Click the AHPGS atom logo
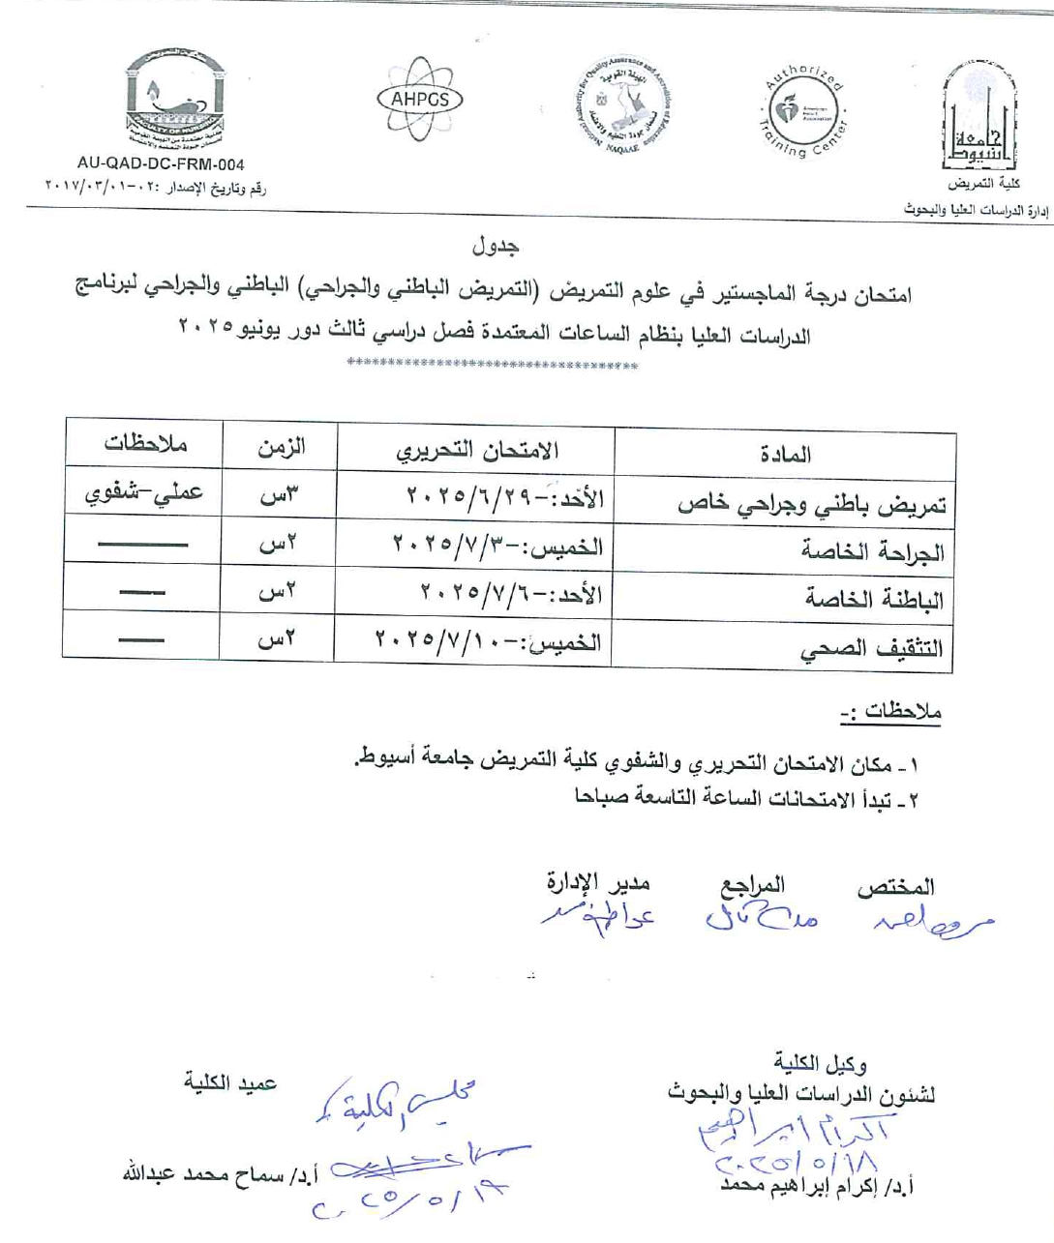tap(420, 100)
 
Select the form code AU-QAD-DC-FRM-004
tap(161, 165)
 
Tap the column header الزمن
tap(281, 447)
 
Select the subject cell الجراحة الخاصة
tap(872, 551)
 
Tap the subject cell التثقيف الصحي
tap(871, 649)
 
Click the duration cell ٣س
tap(280, 495)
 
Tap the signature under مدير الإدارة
tap(598, 914)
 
